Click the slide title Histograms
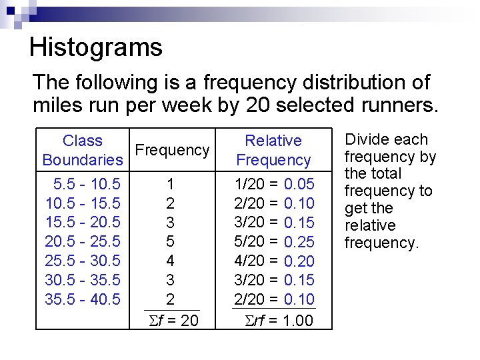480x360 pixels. click(x=96, y=47)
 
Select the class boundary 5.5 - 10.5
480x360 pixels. click(x=83, y=183)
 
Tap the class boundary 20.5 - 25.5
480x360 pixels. click(x=83, y=241)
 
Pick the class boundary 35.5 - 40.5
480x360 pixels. click(x=83, y=299)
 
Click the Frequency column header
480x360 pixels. click(x=172, y=150)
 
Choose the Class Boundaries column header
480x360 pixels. click(x=83, y=150)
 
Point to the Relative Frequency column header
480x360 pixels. click(x=273, y=150)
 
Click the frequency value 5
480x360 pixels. click(x=171, y=241)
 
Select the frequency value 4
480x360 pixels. click(x=171, y=261)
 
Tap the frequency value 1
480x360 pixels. click(x=171, y=183)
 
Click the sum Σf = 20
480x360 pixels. click(x=171, y=321)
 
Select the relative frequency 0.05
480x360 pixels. click(x=299, y=183)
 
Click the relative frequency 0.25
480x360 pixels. click(x=299, y=241)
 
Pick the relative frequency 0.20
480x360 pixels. click(x=299, y=261)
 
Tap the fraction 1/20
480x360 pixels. click(x=250, y=183)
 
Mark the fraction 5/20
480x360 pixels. click(x=250, y=241)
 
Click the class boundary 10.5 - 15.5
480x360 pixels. click(x=83, y=203)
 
